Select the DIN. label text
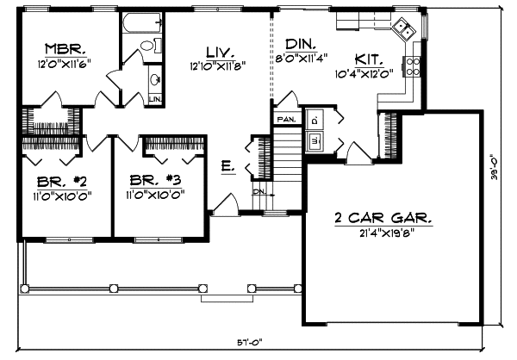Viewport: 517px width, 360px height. click(300, 43)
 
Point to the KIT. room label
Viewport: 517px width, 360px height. click(368, 59)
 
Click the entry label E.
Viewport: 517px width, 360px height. click(227, 165)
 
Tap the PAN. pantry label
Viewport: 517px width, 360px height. click(286, 117)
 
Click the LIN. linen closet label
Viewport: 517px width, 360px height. click(155, 99)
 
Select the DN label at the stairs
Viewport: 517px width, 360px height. click(259, 191)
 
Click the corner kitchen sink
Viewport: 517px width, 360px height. click(402, 31)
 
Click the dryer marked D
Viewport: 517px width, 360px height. click(315, 118)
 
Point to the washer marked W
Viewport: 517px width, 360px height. click(315, 139)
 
